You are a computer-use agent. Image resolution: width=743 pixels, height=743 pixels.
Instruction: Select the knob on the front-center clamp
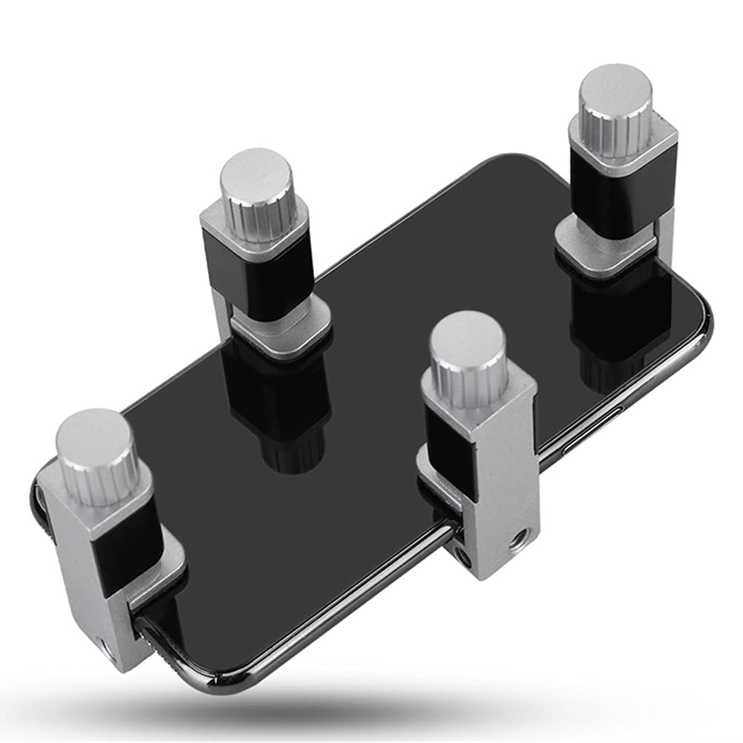(x=468, y=356)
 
